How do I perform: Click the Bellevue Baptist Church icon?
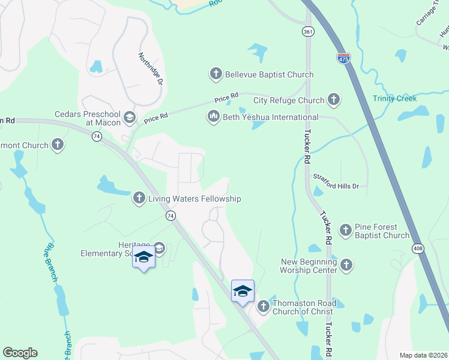click(x=216, y=74)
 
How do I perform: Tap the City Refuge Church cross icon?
click(x=334, y=100)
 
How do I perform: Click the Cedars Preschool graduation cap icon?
click(x=129, y=118)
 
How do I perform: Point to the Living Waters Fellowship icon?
click(x=139, y=198)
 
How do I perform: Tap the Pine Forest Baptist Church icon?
click(x=346, y=230)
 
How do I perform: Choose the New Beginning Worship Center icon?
click(x=346, y=265)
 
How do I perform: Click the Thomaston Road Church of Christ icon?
click(x=263, y=307)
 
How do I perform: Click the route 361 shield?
click(x=307, y=31)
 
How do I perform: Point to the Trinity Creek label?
click(x=394, y=98)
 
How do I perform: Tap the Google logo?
click(x=20, y=353)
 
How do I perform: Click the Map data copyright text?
click(x=423, y=355)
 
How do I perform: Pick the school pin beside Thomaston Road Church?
click(x=243, y=292)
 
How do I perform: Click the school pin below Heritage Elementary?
click(x=143, y=258)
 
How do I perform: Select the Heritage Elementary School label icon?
click(x=159, y=247)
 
